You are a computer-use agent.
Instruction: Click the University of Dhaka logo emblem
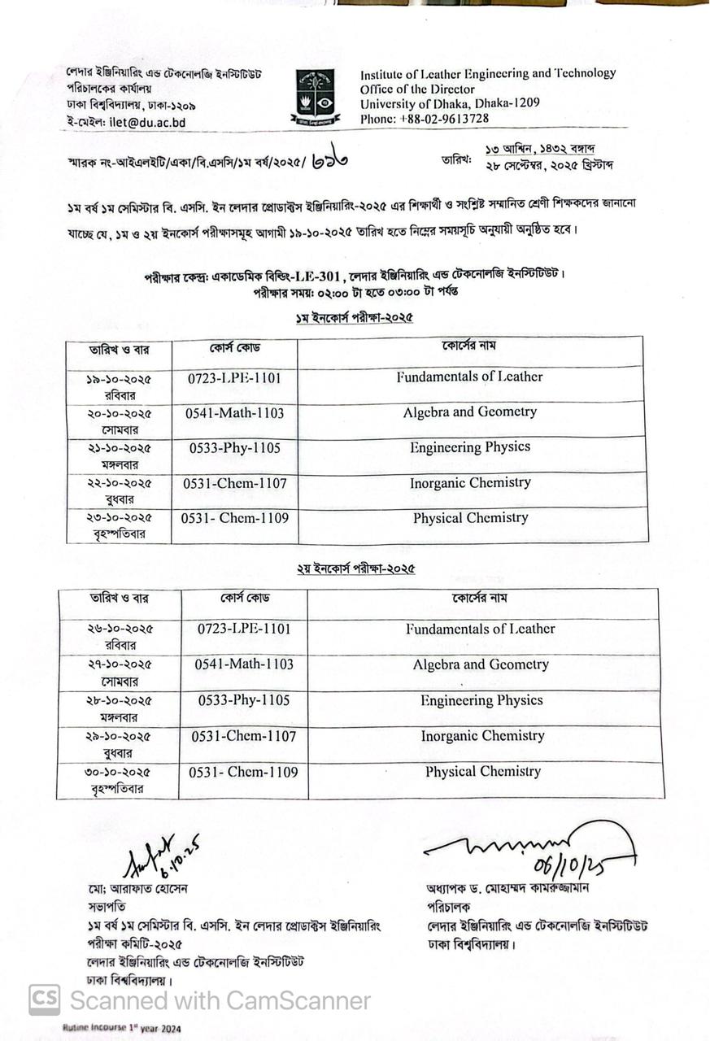(x=316, y=96)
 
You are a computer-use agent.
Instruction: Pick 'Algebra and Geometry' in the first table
(x=469, y=412)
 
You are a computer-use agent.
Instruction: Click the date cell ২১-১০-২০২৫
(x=119, y=448)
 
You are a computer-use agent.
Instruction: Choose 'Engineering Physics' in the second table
(x=481, y=700)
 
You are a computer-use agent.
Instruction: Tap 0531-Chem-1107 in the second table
(x=244, y=736)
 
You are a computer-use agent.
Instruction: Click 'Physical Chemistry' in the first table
(x=470, y=518)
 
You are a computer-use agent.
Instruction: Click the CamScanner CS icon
(x=45, y=1000)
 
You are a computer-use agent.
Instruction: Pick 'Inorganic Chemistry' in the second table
(x=482, y=736)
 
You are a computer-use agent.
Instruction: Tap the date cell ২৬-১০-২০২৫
(x=120, y=629)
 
